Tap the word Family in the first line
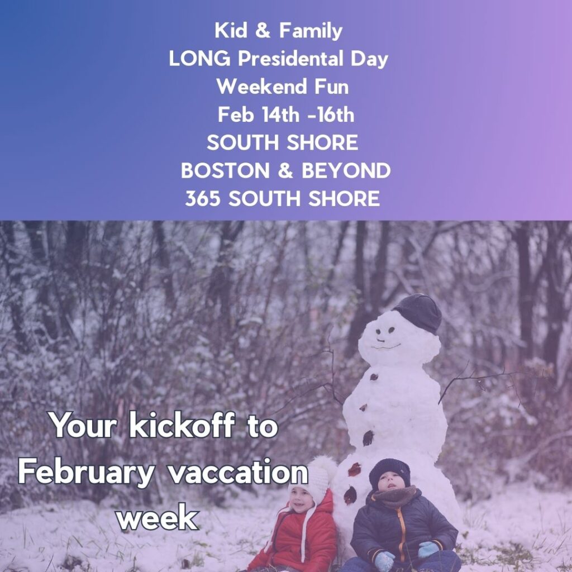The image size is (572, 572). [x=311, y=31]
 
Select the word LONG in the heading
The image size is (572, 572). [x=199, y=58]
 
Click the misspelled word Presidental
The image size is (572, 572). [x=290, y=58]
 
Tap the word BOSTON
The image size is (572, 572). [x=225, y=170]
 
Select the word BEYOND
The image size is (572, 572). [x=346, y=170]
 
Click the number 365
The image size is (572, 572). [x=202, y=198]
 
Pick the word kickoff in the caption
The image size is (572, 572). [x=182, y=425]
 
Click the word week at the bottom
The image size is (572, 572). [x=158, y=517]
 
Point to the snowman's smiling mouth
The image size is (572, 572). [x=385, y=346]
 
